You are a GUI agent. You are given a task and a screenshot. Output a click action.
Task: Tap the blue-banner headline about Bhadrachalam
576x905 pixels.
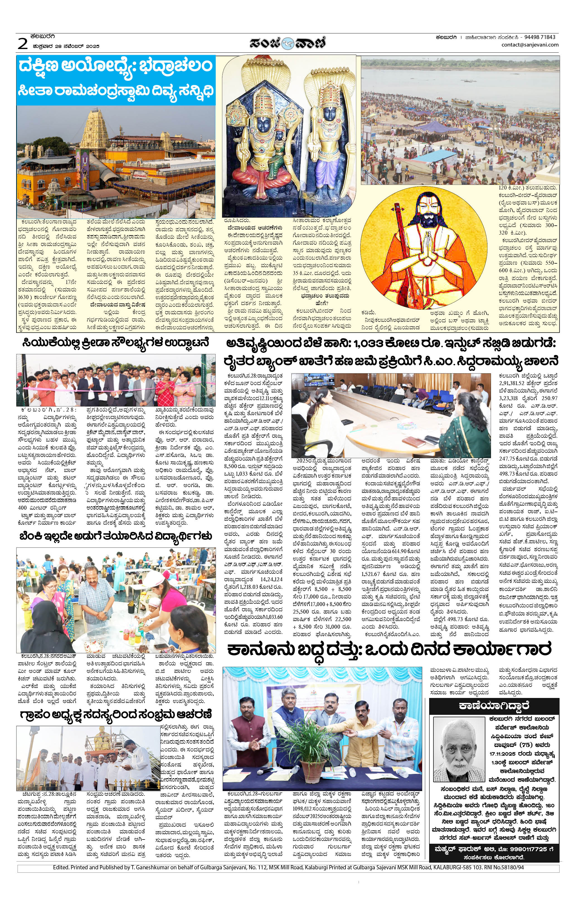tap(116, 79)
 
